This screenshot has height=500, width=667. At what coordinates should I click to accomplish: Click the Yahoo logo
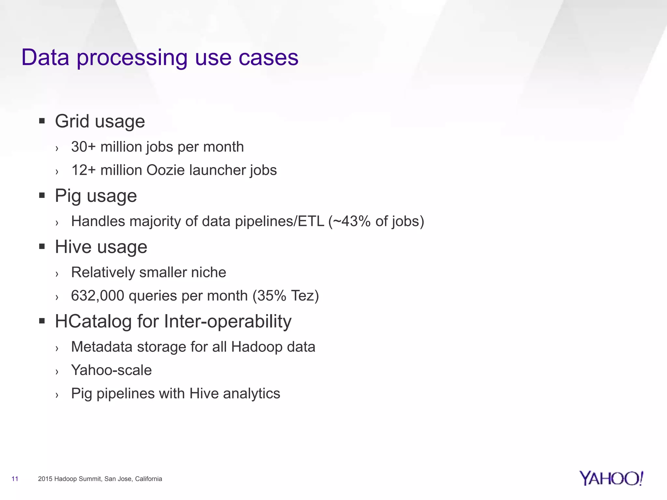click(x=611, y=478)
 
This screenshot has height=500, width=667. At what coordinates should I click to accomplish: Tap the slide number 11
click(x=15, y=479)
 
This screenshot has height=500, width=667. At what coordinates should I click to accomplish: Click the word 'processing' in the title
click(x=132, y=58)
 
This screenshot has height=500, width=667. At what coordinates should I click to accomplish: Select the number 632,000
click(x=97, y=296)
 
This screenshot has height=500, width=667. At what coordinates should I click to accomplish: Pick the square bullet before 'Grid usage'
click(x=42, y=121)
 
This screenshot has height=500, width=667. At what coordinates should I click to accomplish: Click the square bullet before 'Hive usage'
click(x=42, y=246)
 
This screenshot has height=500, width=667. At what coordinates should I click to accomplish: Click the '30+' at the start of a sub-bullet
click(x=83, y=147)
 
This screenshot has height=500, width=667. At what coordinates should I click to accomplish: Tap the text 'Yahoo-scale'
click(x=111, y=370)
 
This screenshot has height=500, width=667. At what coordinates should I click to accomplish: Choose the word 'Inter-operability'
click(x=228, y=321)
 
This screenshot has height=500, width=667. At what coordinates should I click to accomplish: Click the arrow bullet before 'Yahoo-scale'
click(x=57, y=371)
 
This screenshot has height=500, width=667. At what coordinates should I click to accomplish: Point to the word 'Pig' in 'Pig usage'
click(x=68, y=196)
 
